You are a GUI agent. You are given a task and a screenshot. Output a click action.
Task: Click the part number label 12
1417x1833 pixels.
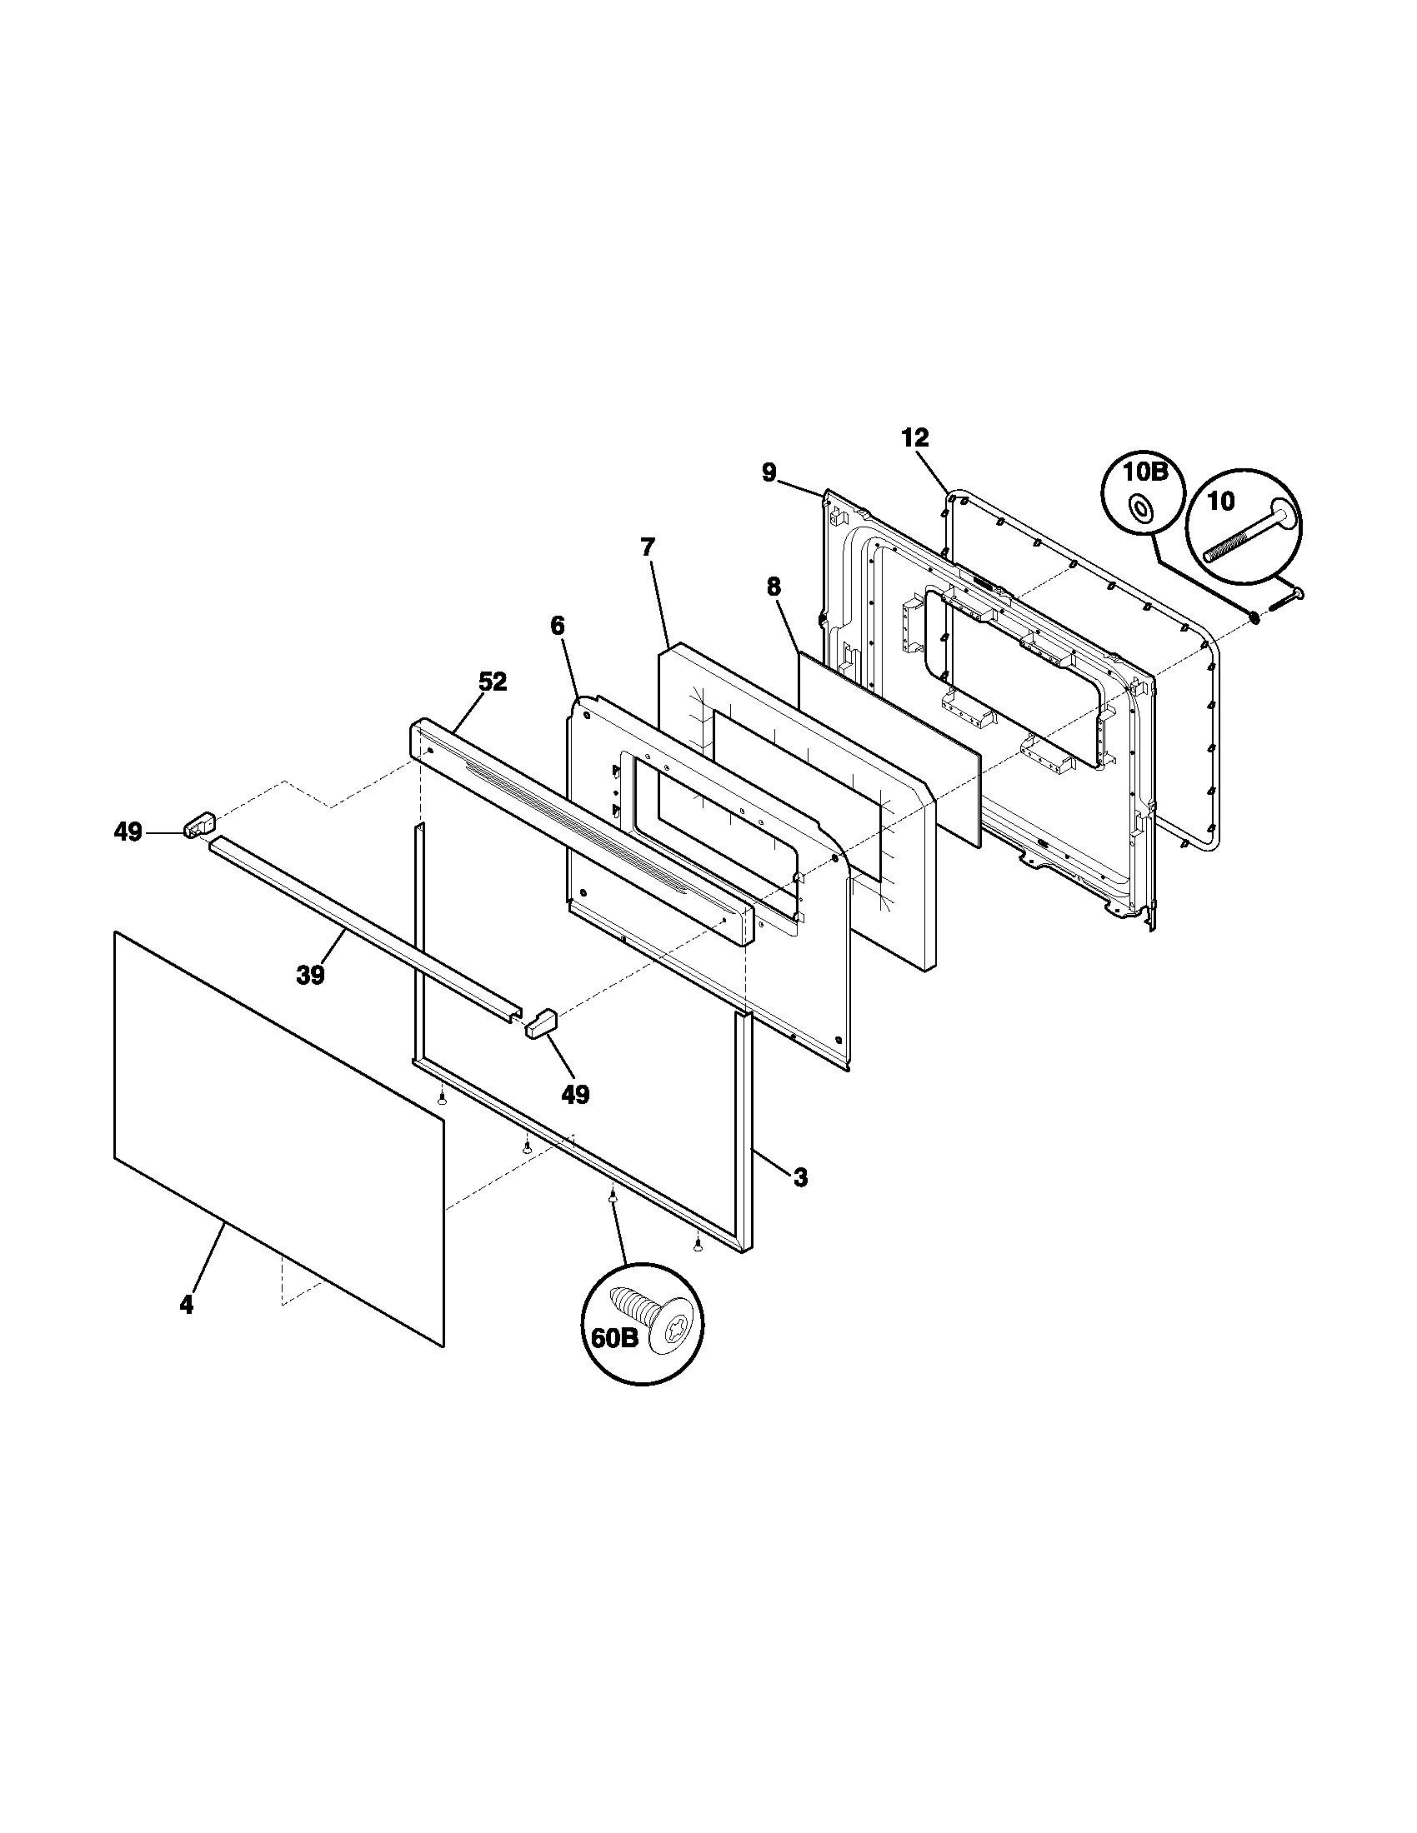pyautogui.click(x=916, y=437)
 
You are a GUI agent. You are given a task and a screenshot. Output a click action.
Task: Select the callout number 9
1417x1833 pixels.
pyautogui.click(x=769, y=472)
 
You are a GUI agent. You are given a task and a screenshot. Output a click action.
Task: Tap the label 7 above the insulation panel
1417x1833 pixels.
pyautogui.click(x=646, y=547)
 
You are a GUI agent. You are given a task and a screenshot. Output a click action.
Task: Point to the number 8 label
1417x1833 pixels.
pyautogui.click(x=774, y=587)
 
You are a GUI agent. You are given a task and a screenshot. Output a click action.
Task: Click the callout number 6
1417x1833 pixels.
pyautogui.click(x=558, y=625)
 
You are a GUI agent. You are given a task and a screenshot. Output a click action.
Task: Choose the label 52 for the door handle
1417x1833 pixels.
pyautogui.click(x=493, y=682)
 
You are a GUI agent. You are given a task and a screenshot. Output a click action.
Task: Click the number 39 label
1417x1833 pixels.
pyautogui.click(x=311, y=976)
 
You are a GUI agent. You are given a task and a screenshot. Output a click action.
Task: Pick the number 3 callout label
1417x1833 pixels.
pyautogui.click(x=800, y=1178)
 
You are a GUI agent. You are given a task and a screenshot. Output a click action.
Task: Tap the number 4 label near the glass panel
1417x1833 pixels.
pyautogui.click(x=187, y=1304)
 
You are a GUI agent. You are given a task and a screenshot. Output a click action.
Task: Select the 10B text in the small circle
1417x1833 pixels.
pyautogui.click(x=1146, y=471)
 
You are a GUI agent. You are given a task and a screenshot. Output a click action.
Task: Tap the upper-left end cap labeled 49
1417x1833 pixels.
pyautogui.click(x=199, y=824)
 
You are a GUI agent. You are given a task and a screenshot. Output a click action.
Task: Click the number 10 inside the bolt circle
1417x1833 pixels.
pyautogui.click(x=1220, y=502)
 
